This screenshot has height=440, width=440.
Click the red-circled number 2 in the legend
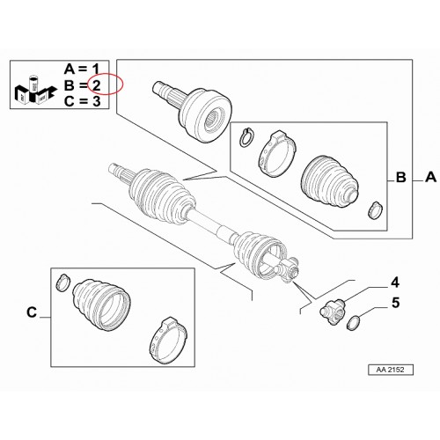click(97, 85)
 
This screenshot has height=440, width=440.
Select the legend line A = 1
click(82, 70)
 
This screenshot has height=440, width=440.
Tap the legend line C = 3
click(82, 101)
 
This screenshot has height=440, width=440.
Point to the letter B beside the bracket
click(401, 178)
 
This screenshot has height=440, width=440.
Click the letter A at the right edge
click(430, 177)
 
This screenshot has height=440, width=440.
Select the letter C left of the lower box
click(32, 312)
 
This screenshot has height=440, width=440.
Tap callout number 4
click(395, 282)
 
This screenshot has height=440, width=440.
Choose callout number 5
click(396, 303)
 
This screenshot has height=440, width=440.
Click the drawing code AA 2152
click(391, 370)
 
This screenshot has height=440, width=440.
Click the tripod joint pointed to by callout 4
click(333, 312)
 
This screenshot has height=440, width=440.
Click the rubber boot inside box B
click(329, 182)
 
